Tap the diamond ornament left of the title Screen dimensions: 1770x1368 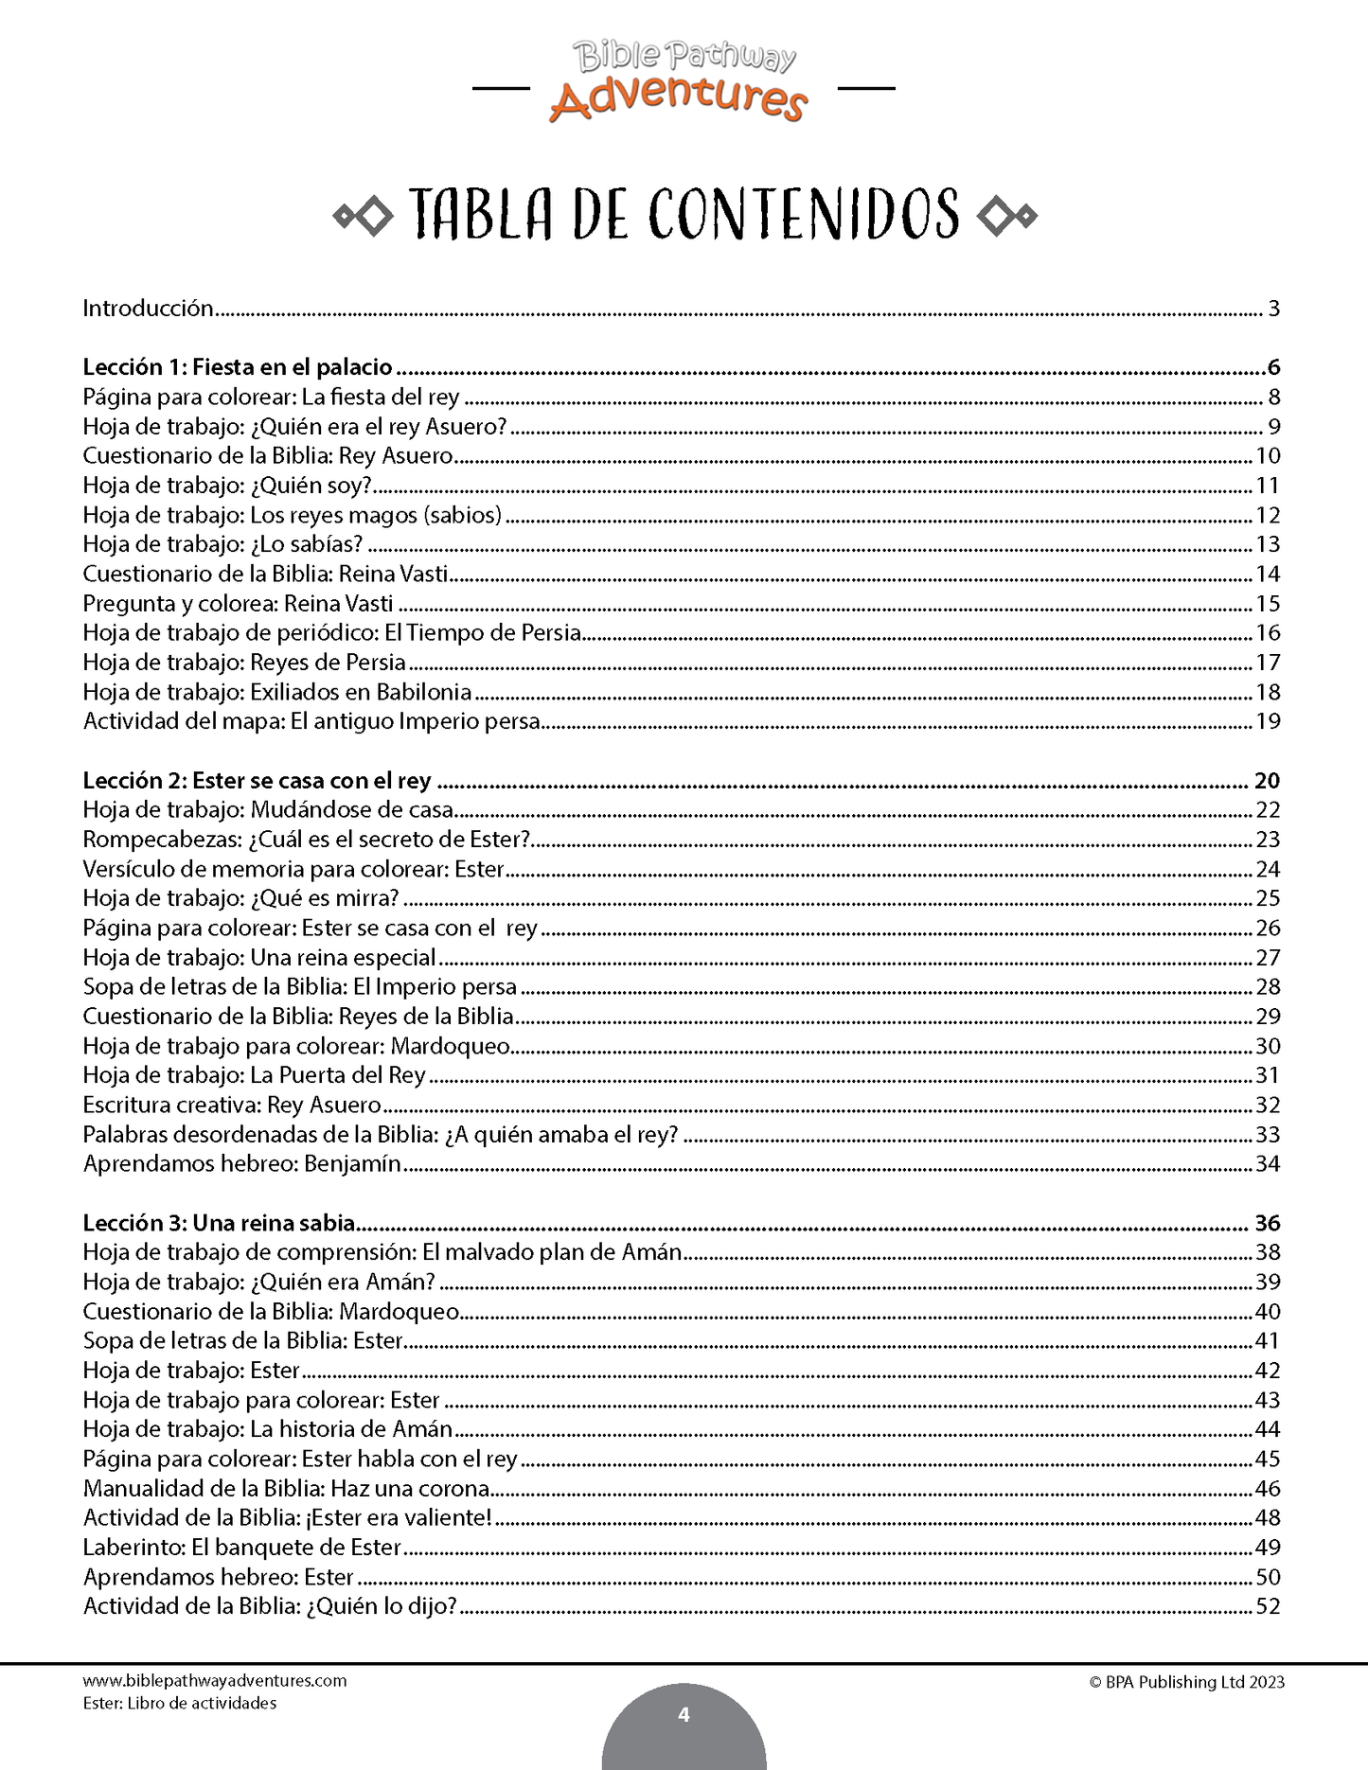[x=364, y=217]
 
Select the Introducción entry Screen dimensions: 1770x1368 [x=149, y=308]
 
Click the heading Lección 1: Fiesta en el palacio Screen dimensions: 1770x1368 [x=238, y=367]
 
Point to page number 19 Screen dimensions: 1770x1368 [x=1268, y=721]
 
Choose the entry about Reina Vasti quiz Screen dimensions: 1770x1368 [x=265, y=574]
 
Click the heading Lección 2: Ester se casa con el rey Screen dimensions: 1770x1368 [x=257, y=781]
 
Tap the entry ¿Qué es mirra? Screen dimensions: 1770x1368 [x=240, y=898]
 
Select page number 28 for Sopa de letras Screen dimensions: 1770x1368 [x=1268, y=987]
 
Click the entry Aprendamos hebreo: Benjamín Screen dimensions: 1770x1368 [x=242, y=1164]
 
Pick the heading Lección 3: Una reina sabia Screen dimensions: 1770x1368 [x=219, y=1223]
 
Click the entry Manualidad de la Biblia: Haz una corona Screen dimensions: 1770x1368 [x=286, y=1489]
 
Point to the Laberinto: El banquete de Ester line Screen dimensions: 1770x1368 [x=242, y=1548]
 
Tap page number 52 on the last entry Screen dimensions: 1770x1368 [x=1268, y=1606]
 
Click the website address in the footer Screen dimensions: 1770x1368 [x=215, y=1681]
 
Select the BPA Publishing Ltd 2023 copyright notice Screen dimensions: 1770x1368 [x=1186, y=1682]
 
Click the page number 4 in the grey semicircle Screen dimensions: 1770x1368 [x=684, y=1715]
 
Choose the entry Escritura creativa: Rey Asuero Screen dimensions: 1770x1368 [x=232, y=1105]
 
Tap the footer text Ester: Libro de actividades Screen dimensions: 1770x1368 [x=180, y=1704]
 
